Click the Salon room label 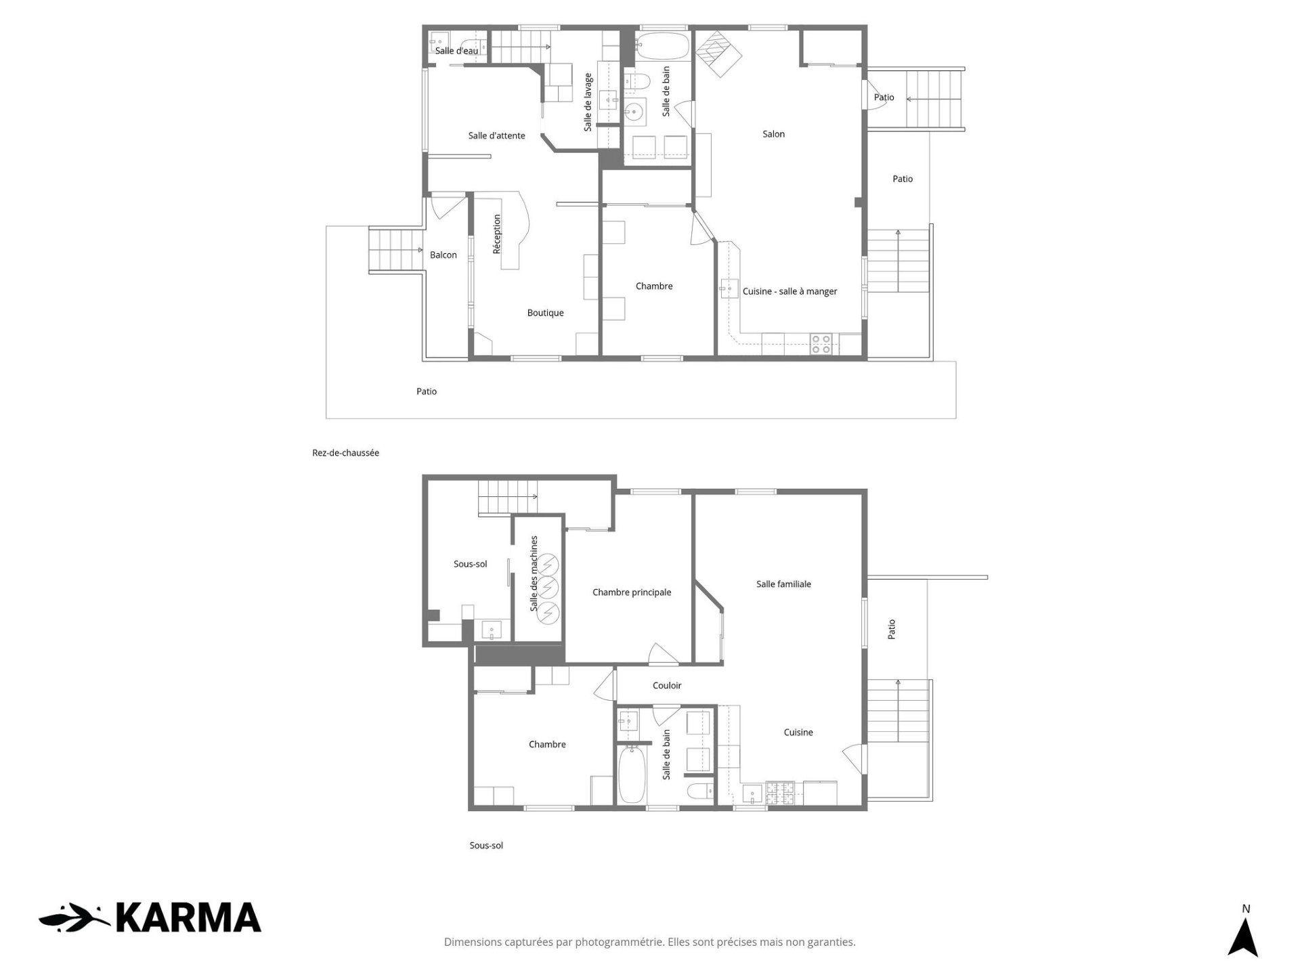(773, 134)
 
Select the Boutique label (545, 313)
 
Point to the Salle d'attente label (496, 135)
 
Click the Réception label (497, 234)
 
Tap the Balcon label (443, 255)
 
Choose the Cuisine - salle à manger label (789, 291)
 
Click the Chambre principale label (632, 592)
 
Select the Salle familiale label (783, 584)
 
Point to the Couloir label (667, 685)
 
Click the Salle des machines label (534, 573)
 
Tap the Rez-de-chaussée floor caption (345, 453)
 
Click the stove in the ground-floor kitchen (821, 344)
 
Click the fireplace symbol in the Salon (720, 53)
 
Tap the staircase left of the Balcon (395, 251)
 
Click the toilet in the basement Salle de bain (699, 790)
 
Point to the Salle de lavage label (588, 102)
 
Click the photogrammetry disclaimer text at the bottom (650, 942)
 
